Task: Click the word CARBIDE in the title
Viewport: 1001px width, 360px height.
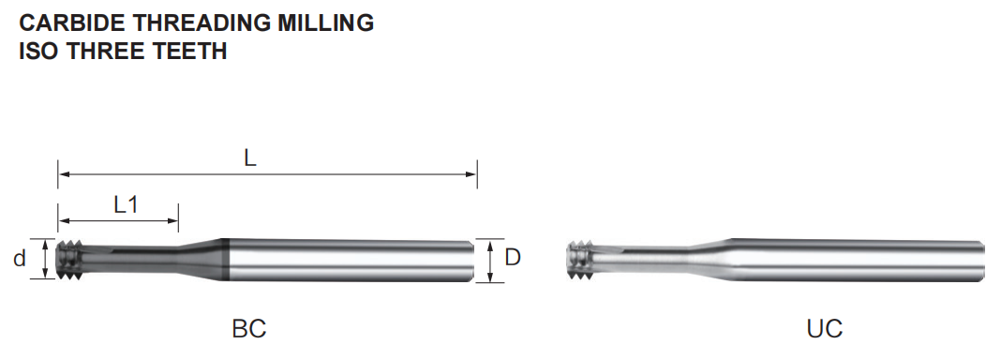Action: (72, 23)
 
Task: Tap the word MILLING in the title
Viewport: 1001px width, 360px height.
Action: (325, 23)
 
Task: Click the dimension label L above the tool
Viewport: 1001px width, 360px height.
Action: (250, 159)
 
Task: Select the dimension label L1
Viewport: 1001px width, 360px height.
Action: (126, 205)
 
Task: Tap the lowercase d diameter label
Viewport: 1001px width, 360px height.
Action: (21, 259)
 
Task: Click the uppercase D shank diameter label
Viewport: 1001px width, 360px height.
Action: (513, 257)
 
